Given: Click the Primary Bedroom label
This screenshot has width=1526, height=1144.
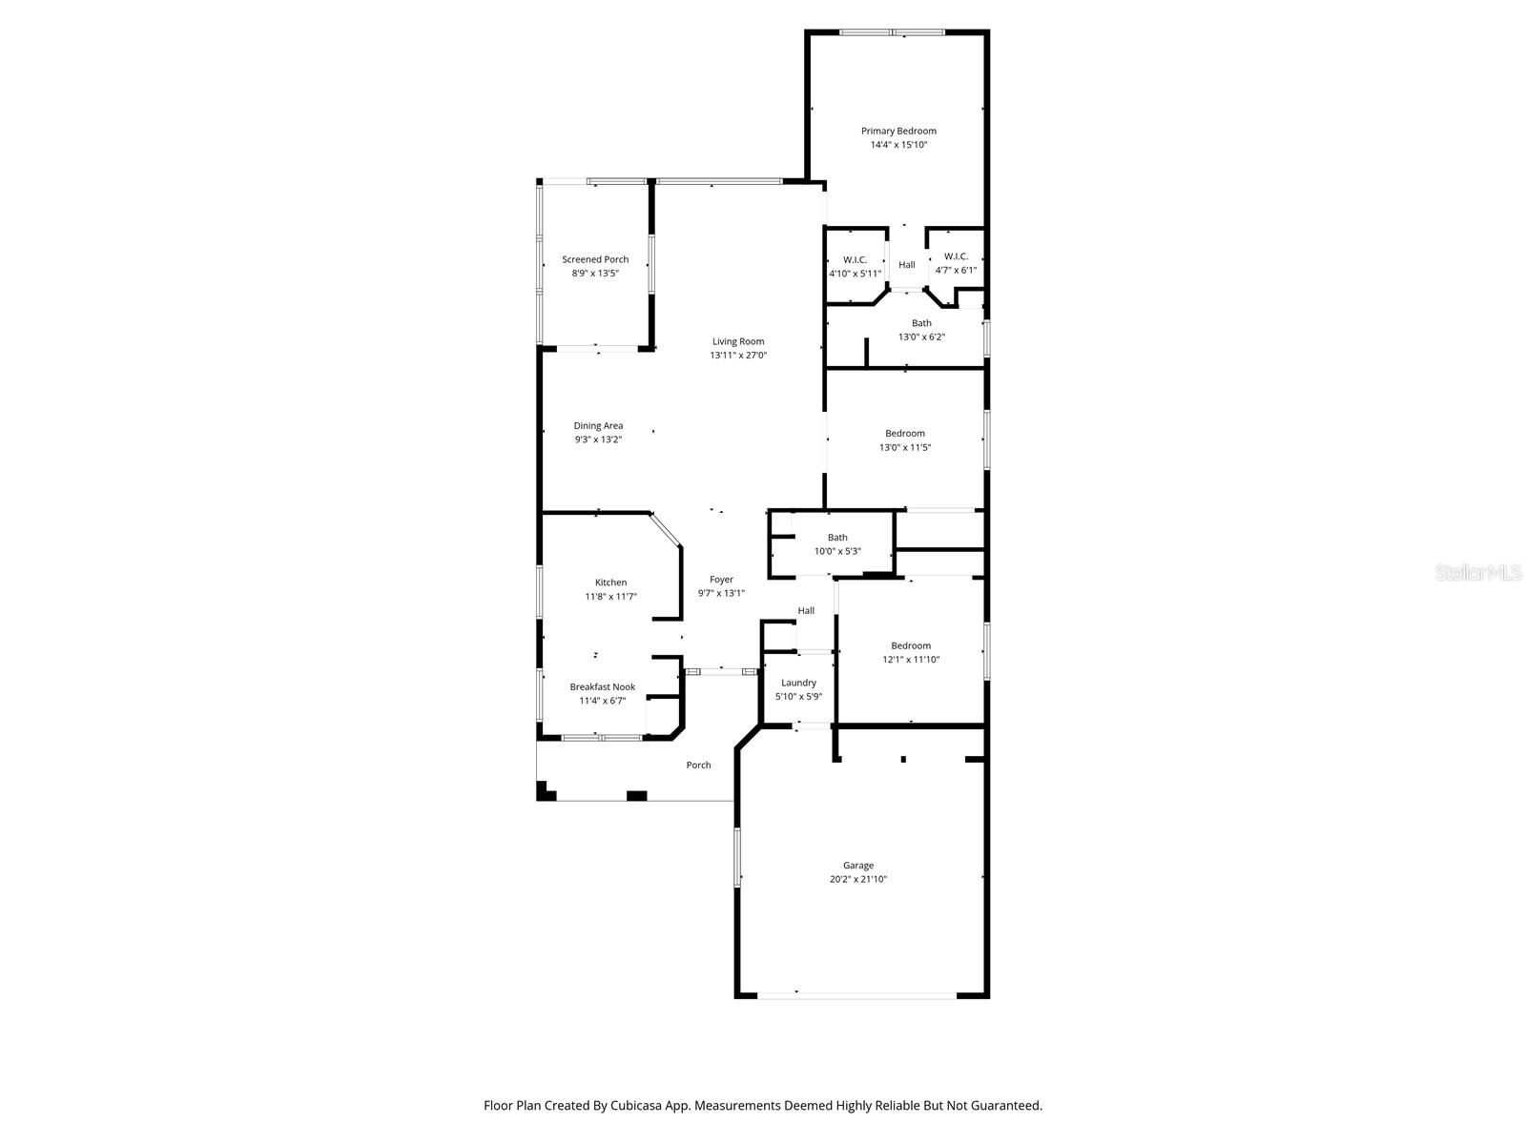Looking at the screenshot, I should point(898,131).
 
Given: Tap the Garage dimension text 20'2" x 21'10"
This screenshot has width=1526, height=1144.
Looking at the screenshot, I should point(857,880).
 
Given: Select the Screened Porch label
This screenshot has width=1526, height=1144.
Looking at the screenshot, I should point(595,259).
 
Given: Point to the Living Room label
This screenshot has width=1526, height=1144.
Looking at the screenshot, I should point(738,341).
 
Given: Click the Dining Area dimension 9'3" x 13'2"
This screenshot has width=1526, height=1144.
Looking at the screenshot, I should point(598,439).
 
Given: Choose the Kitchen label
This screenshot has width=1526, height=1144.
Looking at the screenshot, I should point(610,582).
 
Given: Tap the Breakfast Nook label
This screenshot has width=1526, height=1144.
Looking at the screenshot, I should point(602,686).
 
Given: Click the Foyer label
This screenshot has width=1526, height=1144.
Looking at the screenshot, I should point(721,579).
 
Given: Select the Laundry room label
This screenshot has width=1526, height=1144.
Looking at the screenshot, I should point(798,683).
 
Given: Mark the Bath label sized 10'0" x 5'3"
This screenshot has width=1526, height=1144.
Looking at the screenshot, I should point(837,538).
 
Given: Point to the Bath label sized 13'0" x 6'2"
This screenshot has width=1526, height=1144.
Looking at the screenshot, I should point(921,323).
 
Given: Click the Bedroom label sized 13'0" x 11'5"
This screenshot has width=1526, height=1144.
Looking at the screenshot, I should point(904,433).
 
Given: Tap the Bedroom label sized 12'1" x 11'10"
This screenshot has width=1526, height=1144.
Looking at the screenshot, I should point(911,645).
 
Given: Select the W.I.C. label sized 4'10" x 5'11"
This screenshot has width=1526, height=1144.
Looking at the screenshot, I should point(855,259).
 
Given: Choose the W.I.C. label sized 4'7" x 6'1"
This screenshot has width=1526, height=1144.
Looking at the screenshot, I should point(956,256).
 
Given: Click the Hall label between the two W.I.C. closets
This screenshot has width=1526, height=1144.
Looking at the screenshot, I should point(906,265).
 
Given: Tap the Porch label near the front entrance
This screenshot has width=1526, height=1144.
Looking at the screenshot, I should point(698,765).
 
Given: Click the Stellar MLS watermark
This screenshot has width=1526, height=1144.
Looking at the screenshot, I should point(1479,572).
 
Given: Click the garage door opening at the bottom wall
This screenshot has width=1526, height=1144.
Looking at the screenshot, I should point(856,995).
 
